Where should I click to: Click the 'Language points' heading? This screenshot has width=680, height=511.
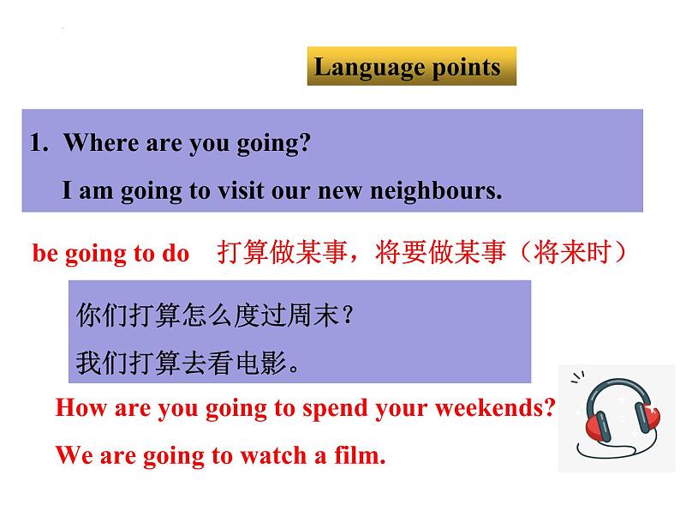pos(407,68)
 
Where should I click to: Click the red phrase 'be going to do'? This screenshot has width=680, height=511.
pos(110,255)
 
